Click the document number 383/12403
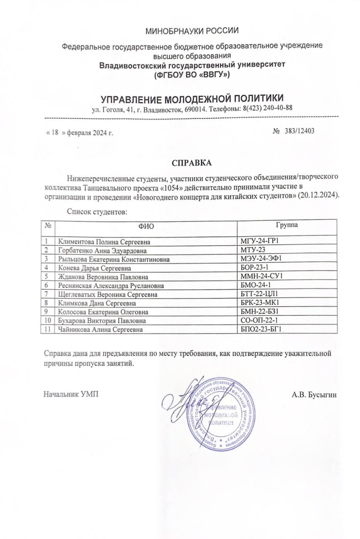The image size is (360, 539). (297, 131)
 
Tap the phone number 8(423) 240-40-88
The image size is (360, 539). (266, 108)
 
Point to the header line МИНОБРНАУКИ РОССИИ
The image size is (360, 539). (192, 31)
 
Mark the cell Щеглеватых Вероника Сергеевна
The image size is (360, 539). (108, 294)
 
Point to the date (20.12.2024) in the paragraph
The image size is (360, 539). (319, 196)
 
